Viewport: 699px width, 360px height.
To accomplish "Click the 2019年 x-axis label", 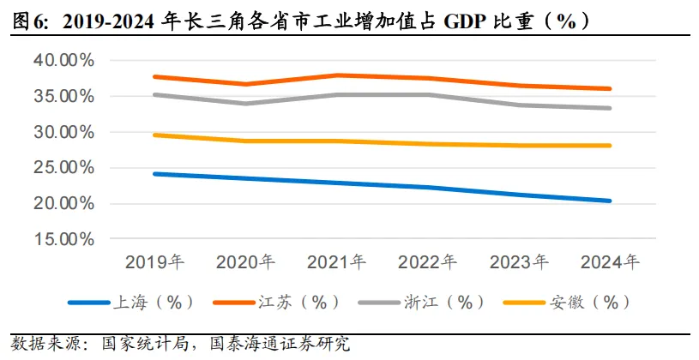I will coord(154,261).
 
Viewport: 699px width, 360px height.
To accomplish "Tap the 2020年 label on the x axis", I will coord(245,261).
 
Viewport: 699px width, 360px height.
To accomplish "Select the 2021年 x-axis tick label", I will coord(336,261).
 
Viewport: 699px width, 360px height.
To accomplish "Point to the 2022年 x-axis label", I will coord(428,261).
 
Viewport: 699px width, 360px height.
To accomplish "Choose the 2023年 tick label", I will coord(519,261).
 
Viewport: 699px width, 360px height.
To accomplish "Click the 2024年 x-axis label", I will coord(610,261).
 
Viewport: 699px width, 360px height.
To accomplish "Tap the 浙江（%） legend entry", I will coord(444,302).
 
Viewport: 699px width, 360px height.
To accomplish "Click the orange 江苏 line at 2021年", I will coord(337,75).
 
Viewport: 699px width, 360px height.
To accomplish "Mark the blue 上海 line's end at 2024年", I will coord(610,201).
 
